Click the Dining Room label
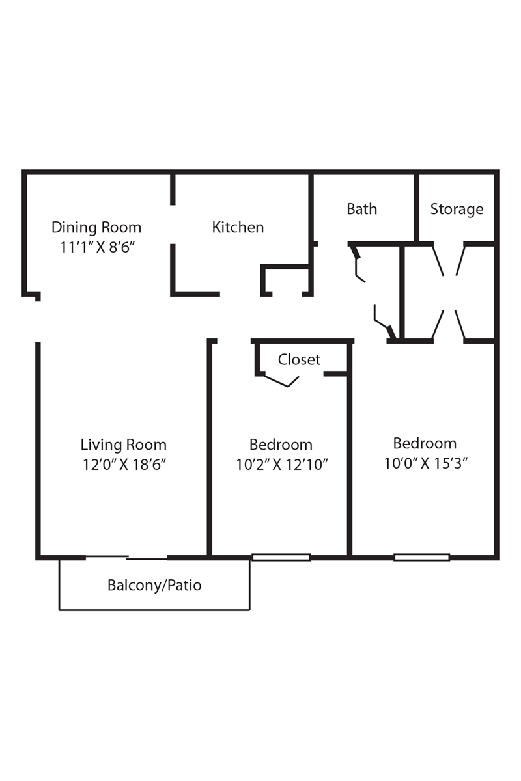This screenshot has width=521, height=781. (x=96, y=227)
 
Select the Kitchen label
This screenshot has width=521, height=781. (x=238, y=227)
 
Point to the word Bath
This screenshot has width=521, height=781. (x=361, y=209)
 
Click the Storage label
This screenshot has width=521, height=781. (x=457, y=209)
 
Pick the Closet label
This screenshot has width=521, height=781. (x=299, y=359)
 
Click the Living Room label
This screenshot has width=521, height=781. (x=123, y=445)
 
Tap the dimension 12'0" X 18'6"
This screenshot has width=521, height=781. (x=123, y=465)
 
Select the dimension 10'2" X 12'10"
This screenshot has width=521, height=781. (x=281, y=465)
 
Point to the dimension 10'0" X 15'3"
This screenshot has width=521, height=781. (x=426, y=463)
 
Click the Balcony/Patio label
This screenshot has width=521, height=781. (x=154, y=585)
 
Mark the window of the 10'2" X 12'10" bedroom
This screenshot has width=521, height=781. (x=281, y=557)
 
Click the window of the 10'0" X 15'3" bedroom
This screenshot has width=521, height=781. (x=421, y=557)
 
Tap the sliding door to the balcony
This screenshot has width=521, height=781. (x=126, y=557)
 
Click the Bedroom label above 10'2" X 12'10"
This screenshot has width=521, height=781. (x=281, y=445)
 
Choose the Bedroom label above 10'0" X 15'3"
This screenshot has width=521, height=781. (x=425, y=443)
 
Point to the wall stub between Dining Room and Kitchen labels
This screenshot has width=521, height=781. (x=173, y=189)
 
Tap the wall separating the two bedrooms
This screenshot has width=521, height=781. (x=350, y=456)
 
